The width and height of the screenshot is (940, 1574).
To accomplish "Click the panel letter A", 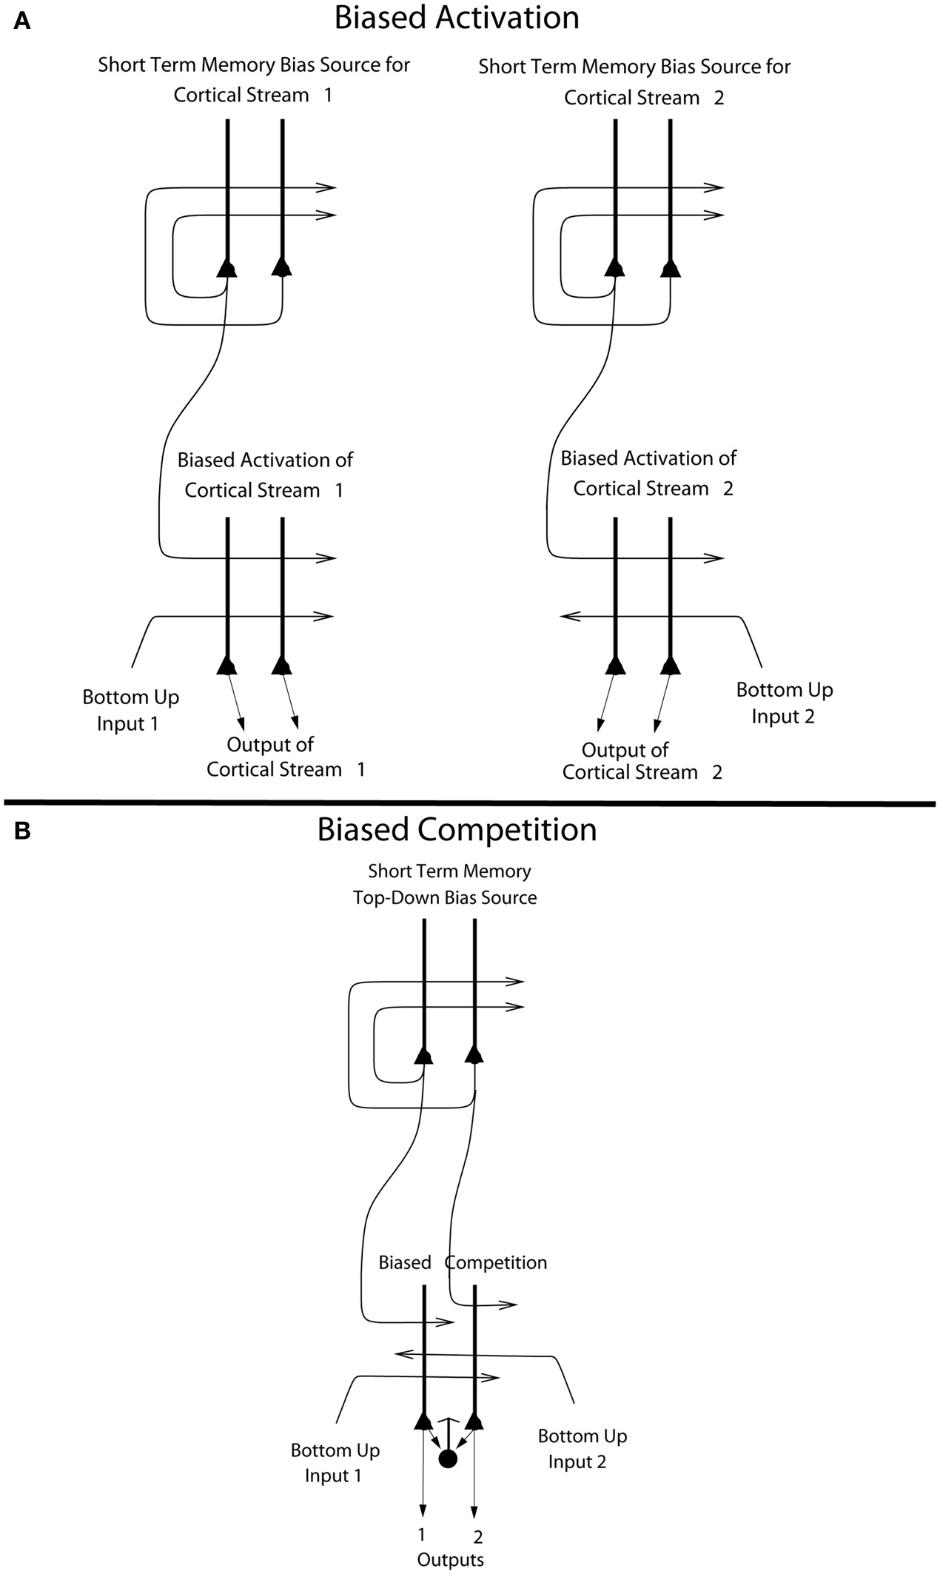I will click(x=21, y=21).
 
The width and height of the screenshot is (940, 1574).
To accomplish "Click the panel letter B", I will click(x=21, y=831).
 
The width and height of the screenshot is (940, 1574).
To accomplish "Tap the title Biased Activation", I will click(x=456, y=18).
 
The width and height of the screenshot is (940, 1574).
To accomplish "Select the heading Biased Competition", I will click(x=456, y=829).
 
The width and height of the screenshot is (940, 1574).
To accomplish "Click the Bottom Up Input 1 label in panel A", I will click(x=130, y=710).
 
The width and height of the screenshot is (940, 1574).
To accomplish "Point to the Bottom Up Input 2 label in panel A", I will click(x=784, y=703).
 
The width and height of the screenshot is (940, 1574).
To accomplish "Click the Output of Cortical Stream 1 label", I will click(x=284, y=757).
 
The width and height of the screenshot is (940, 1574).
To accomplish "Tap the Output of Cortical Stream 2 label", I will click(x=641, y=760).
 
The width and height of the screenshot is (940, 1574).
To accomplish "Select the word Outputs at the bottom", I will click(x=450, y=1560).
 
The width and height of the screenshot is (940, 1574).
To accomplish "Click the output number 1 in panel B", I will click(x=422, y=1533).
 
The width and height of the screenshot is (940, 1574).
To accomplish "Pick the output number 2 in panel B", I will click(x=477, y=1537).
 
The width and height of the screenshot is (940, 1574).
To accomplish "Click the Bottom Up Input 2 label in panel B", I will click(x=581, y=1449).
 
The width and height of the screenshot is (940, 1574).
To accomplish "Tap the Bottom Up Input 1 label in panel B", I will click(x=335, y=1462).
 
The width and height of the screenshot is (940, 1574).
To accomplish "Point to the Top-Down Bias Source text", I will click(x=445, y=897).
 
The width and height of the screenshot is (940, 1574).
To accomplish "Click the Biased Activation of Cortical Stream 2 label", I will click(x=648, y=473).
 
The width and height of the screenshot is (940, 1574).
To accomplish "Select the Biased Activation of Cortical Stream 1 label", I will click(x=264, y=475).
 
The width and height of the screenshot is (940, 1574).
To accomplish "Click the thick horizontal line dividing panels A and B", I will click(x=470, y=802).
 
